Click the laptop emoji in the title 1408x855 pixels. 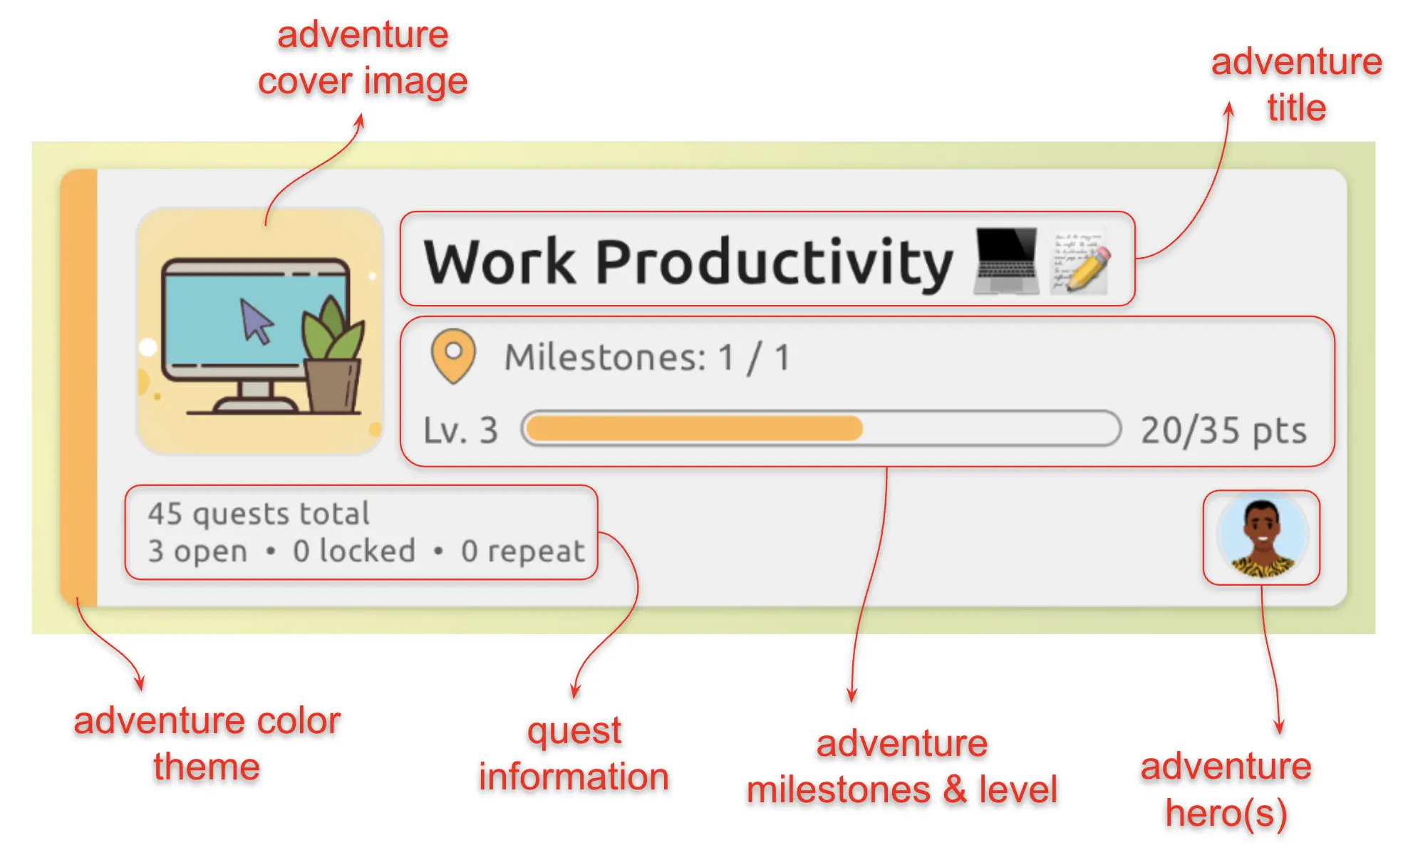(1006, 261)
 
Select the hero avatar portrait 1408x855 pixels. (1262, 537)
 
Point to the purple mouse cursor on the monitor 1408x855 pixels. (256, 321)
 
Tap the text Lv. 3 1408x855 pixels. (460, 430)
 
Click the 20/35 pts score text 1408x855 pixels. (1223, 430)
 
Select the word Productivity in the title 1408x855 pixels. (774, 262)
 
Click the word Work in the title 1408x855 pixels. (499, 261)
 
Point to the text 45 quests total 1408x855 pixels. (259, 514)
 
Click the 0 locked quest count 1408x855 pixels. (354, 551)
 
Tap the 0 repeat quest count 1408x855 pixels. (523, 551)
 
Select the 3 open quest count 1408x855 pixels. (197, 551)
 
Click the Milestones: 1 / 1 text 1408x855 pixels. (647, 357)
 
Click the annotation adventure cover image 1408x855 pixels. (363, 58)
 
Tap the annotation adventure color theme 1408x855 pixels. (207, 744)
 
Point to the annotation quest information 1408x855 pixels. (574, 754)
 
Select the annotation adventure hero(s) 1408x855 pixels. (1226, 790)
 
